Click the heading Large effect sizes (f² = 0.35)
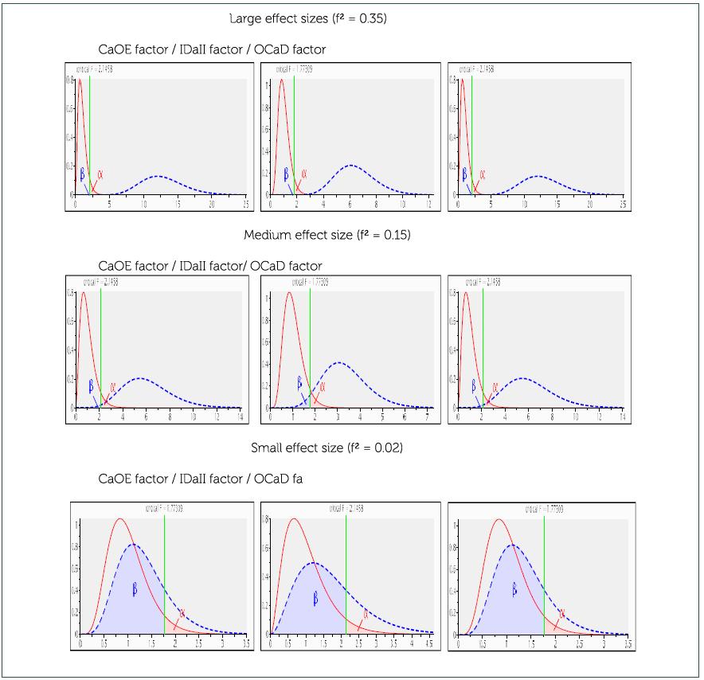[307, 19]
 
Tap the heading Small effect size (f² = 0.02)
[327, 448]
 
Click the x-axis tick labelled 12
[428, 205]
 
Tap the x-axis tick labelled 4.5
[431, 643]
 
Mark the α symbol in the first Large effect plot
[100, 174]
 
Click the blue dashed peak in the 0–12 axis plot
[350, 166]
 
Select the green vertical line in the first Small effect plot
[164, 573]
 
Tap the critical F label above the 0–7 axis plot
[292, 283]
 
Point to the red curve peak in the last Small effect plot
[499, 519]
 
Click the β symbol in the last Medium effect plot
[473, 385]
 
